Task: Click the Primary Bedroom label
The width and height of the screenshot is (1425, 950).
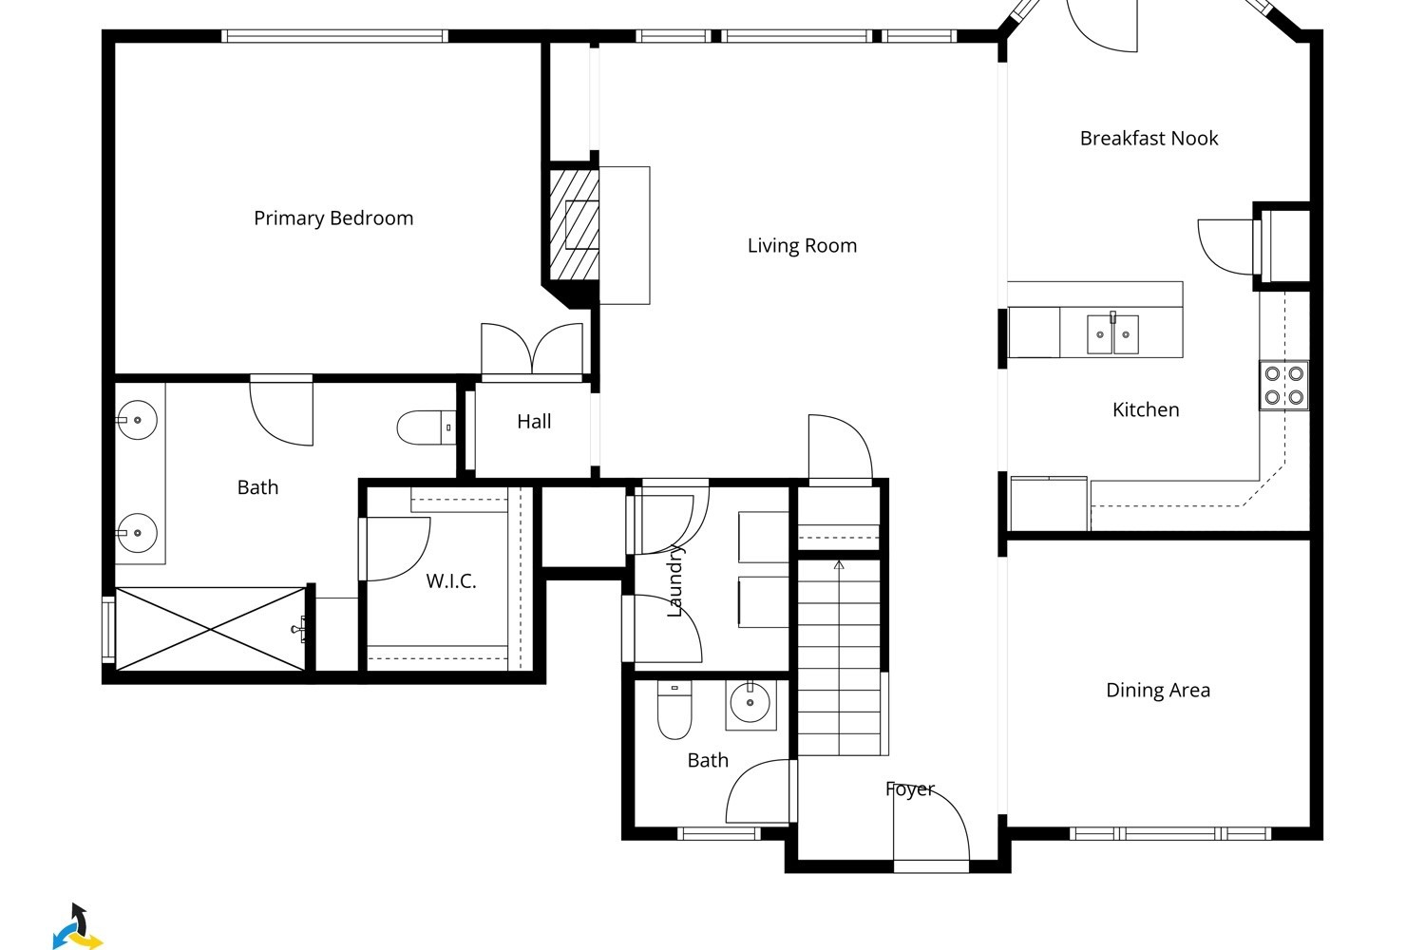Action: pyautogui.click(x=333, y=218)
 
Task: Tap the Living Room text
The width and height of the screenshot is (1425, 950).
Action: pyautogui.click(x=802, y=246)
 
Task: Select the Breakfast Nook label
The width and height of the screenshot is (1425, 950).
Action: pyautogui.click(x=1149, y=138)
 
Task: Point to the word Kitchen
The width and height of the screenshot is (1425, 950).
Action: pyautogui.click(x=1146, y=409)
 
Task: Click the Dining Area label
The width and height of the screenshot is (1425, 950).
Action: pyautogui.click(x=1158, y=690)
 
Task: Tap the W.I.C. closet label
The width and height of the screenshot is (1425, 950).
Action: pyautogui.click(x=451, y=581)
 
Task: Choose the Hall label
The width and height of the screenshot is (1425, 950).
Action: pyautogui.click(x=534, y=421)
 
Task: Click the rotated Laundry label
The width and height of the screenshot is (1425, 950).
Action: pyautogui.click(x=674, y=581)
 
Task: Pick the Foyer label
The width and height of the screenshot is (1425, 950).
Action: pyautogui.click(x=910, y=789)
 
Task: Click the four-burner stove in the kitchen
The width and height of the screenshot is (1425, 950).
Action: pyautogui.click(x=1283, y=386)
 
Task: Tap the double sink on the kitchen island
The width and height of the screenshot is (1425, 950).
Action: pyautogui.click(x=1112, y=334)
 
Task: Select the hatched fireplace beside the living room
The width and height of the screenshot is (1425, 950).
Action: pyautogui.click(x=574, y=224)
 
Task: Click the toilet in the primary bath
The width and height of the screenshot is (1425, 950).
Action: pyautogui.click(x=427, y=427)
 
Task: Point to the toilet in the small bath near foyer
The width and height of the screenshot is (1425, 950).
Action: pyautogui.click(x=674, y=710)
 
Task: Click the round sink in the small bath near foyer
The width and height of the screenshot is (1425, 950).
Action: pyautogui.click(x=750, y=703)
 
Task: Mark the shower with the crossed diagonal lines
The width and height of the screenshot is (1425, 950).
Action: pyautogui.click(x=211, y=629)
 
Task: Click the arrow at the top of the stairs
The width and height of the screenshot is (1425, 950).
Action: pyautogui.click(x=839, y=564)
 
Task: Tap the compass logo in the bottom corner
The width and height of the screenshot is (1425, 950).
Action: pyautogui.click(x=78, y=926)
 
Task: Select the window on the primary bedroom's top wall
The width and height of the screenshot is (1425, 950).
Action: pyautogui.click(x=334, y=36)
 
